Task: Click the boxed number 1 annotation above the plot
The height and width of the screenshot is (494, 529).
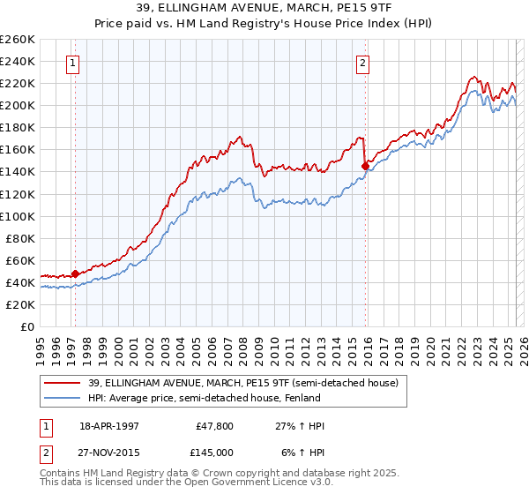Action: point(71,63)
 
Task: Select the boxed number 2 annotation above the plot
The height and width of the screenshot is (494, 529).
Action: point(362,63)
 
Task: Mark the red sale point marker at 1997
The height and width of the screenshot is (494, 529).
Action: point(75,273)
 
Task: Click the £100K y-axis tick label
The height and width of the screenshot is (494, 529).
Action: point(18,216)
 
